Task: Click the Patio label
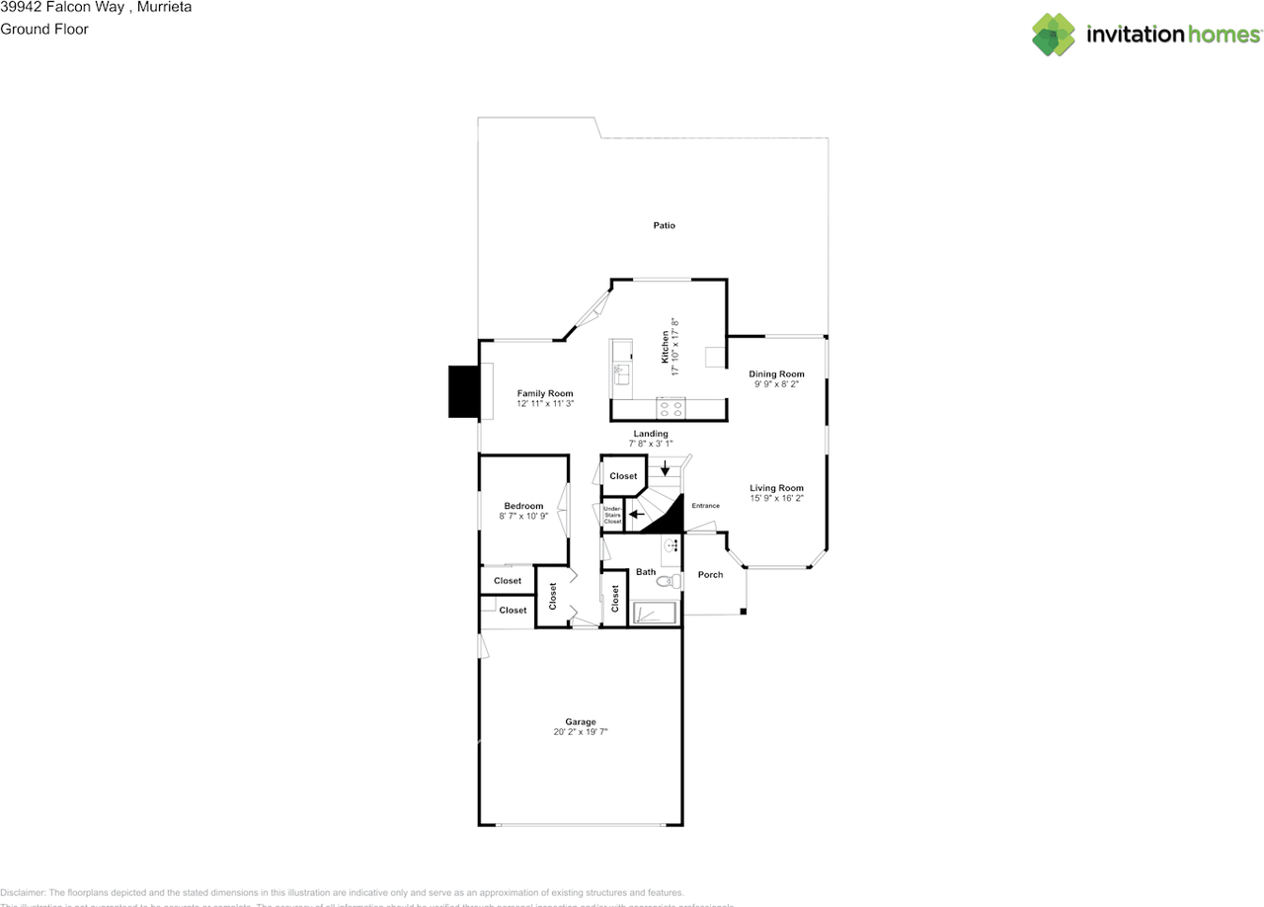point(664,225)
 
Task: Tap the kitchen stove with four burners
point(672,405)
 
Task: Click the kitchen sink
point(621,373)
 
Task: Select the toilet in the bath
point(667,581)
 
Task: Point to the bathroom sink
point(671,545)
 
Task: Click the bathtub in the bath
point(656,614)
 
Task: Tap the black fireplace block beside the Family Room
point(463,391)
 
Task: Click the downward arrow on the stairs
point(666,466)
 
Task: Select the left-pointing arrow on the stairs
point(638,514)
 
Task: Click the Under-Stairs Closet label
point(612,515)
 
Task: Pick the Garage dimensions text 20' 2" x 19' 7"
point(580,732)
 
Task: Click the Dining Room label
point(776,373)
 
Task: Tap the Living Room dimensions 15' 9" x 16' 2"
point(776,499)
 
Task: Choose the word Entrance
point(705,506)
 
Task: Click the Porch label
point(710,574)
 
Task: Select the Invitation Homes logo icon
point(1054,35)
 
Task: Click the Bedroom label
point(523,506)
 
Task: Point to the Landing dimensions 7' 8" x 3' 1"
point(651,445)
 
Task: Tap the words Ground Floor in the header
point(44,29)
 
